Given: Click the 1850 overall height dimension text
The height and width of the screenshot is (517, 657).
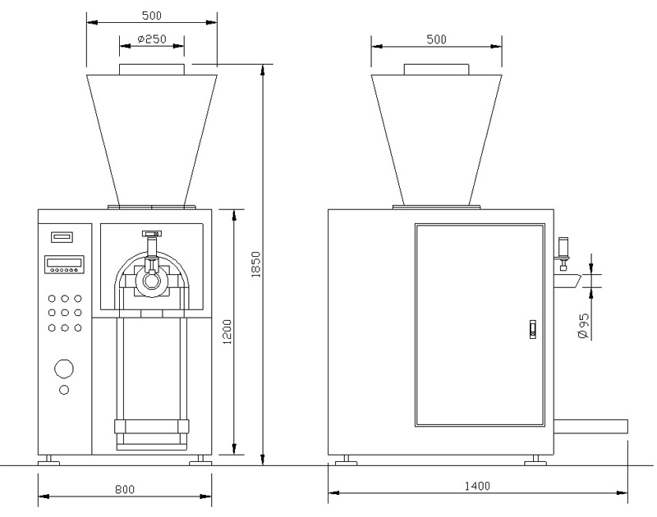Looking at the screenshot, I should (x=255, y=264).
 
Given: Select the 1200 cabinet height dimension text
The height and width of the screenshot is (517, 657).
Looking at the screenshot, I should (x=227, y=332).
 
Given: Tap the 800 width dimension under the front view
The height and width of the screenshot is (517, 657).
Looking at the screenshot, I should (x=125, y=489).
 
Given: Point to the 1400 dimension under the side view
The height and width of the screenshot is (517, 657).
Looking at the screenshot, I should (x=476, y=486).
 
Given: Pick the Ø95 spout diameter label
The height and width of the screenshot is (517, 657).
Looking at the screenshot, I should (x=582, y=325).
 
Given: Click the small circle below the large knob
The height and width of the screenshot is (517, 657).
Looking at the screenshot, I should (x=64, y=390).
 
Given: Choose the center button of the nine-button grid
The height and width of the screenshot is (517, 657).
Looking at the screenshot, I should (x=65, y=313).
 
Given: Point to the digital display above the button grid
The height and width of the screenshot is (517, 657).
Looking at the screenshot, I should (x=64, y=264).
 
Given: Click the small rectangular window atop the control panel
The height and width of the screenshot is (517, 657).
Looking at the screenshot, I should (x=62, y=237).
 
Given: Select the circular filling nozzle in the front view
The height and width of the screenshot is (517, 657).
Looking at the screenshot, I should (x=152, y=280).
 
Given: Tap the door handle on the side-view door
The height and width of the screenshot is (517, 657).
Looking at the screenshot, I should (x=531, y=329).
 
